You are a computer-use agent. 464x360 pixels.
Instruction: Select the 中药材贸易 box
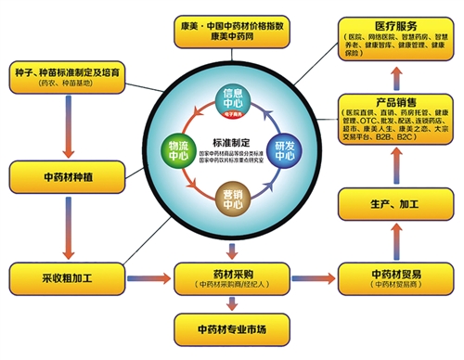tap(391, 276)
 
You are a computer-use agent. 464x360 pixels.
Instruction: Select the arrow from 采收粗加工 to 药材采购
tap(143, 276)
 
